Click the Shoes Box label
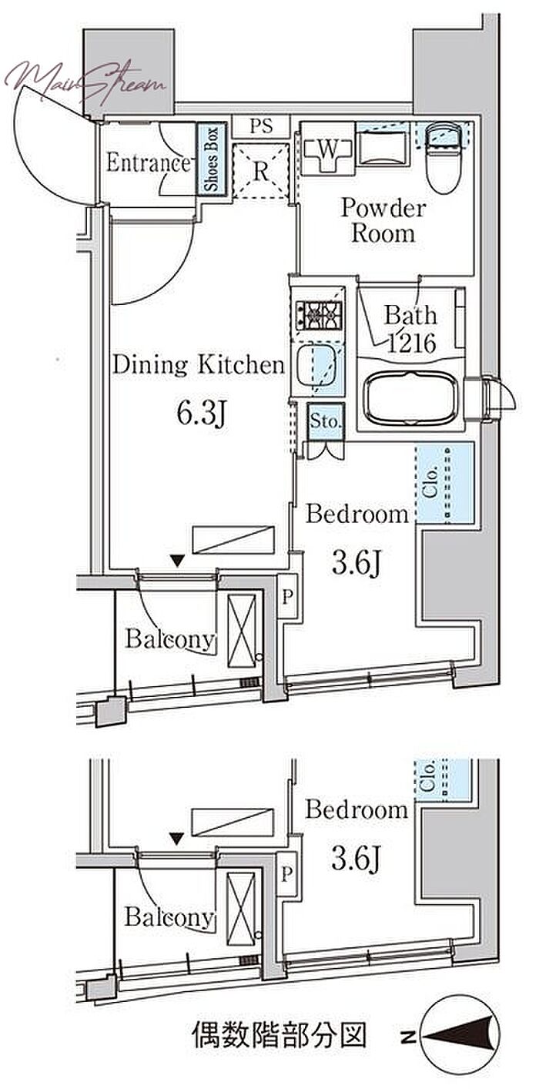[x=211, y=159]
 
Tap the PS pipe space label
[x=262, y=127]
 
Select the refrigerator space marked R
[x=261, y=171]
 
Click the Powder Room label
[x=383, y=221]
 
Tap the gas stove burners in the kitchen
[x=319, y=314]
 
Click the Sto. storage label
[x=326, y=421]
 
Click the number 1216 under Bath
[x=411, y=344]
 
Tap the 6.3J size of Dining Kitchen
[x=201, y=414]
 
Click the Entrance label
[x=149, y=163]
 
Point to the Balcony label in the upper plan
[x=170, y=638]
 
